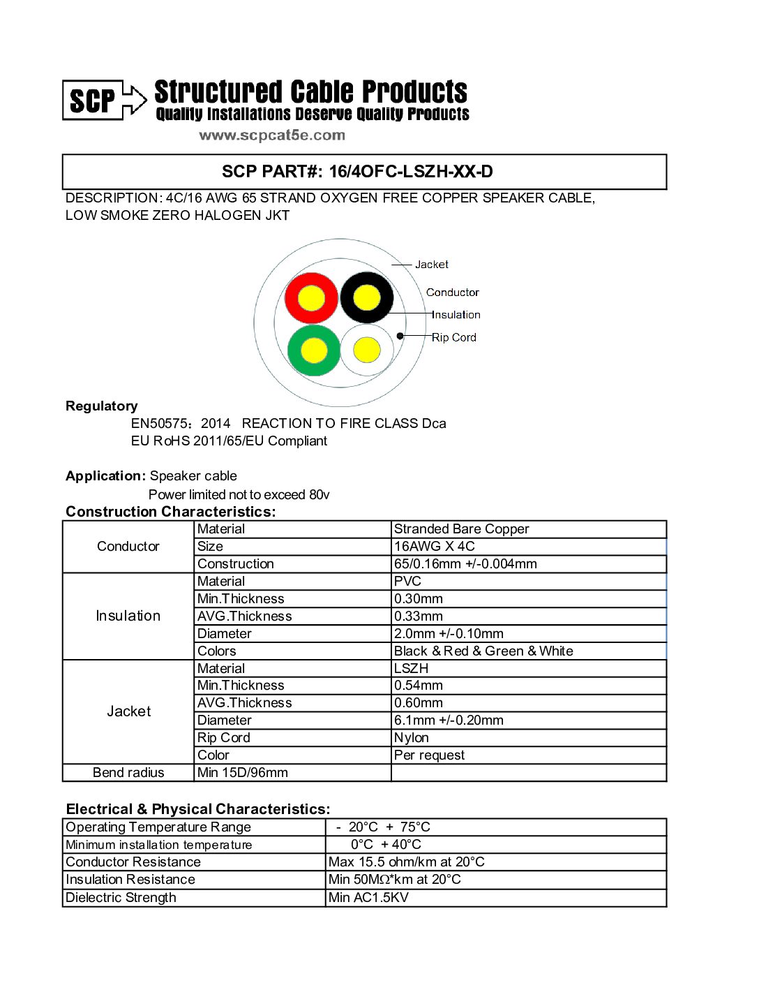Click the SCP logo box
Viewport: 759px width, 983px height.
coord(93,101)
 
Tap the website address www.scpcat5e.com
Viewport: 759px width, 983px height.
coord(272,135)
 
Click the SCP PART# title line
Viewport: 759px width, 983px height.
coord(357,172)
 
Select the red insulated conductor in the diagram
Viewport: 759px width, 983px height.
coord(311,298)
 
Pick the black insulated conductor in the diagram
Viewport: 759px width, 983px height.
coord(367,298)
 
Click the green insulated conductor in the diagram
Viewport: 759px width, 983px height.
coord(314,350)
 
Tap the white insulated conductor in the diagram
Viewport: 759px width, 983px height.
coord(367,350)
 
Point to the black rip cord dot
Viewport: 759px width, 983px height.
coord(400,336)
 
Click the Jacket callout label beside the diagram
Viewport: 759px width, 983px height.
coord(431,265)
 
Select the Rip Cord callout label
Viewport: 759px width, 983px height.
coord(453,337)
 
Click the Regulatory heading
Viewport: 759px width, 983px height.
coord(102,406)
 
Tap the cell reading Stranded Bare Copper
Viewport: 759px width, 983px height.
coord(461,529)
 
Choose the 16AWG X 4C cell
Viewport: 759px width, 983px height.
coord(434,547)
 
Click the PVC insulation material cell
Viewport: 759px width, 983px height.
coord(407,582)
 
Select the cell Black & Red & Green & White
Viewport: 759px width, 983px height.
coord(483,651)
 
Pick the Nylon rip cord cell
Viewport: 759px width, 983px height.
coord(412,738)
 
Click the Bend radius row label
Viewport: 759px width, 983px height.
coord(128,773)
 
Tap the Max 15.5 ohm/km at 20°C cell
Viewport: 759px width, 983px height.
coord(406,862)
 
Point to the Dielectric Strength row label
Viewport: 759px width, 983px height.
coord(121,898)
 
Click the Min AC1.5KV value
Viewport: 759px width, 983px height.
coord(368,898)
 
